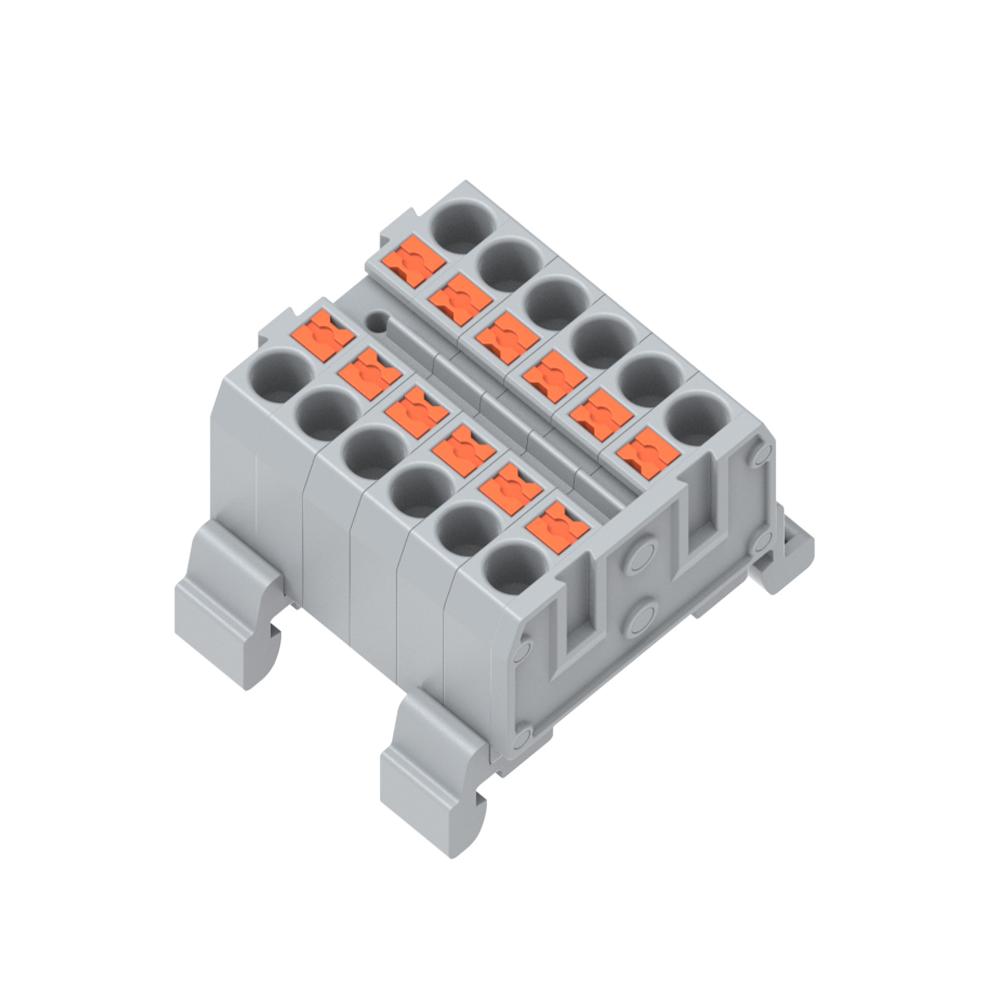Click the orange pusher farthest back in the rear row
tap(413, 263)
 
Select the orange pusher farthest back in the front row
tap(322, 336)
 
